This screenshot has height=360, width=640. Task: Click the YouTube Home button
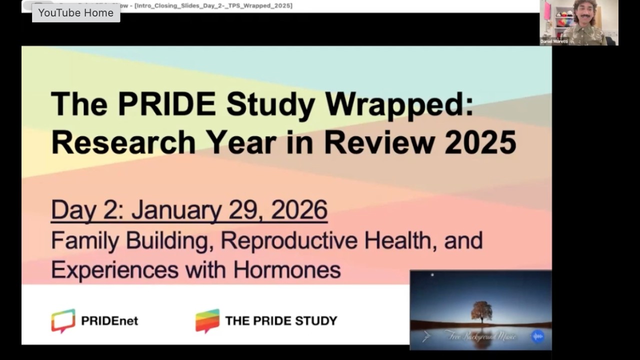76,13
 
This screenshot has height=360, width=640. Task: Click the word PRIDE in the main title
167,105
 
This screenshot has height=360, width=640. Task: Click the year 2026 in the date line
299,210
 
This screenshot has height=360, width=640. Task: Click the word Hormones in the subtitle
287,270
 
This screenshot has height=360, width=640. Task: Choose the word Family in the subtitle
85,240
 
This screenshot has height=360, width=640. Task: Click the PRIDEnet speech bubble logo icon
63,320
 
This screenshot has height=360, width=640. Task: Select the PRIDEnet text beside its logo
109,321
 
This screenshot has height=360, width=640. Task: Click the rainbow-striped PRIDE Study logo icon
207,320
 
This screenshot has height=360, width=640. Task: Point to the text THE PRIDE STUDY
281,321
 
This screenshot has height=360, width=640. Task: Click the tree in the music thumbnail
481,311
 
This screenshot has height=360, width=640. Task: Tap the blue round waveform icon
537,336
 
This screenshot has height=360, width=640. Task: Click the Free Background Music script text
480,336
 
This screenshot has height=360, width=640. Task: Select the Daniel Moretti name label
554,41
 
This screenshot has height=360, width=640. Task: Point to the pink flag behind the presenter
547,11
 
